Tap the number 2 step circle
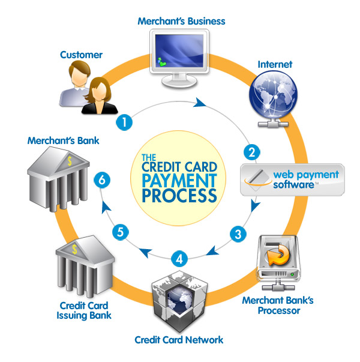click(x=253, y=152)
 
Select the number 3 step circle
click(x=239, y=234)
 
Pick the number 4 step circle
click(x=178, y=259)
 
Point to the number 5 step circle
click(x=121, y=231)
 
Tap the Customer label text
click(x=81, y=55)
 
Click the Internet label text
click(x=274, y=63)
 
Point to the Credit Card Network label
click(x=179, y=340)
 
